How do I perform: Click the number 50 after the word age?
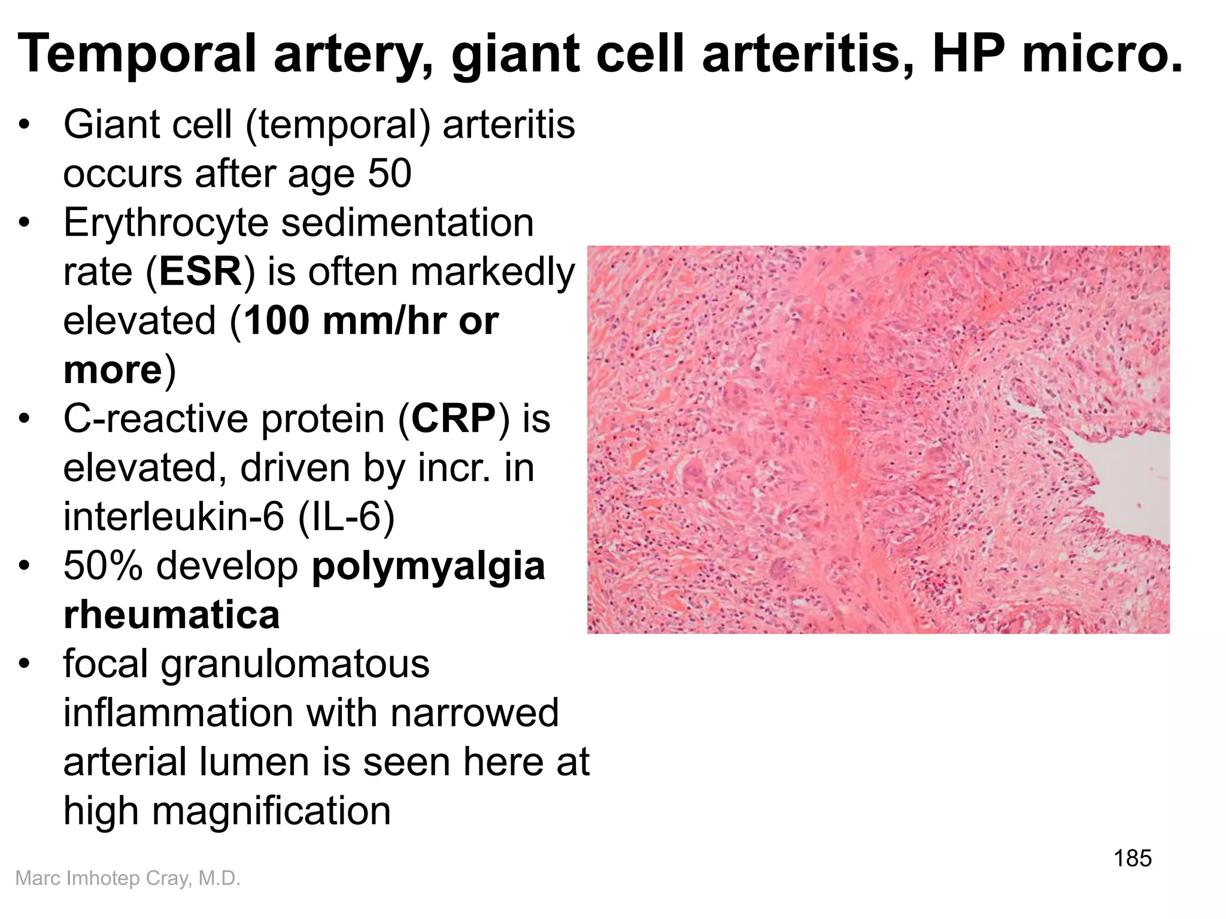click(389, 174)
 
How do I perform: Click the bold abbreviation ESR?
click(200, 272)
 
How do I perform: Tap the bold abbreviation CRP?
click(453, 419)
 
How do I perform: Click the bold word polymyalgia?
click(429, 565)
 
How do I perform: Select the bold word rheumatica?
click(171, 614)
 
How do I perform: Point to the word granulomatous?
click(295, 664)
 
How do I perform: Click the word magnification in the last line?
click(271, 811)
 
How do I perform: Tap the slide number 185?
click(1132, 859)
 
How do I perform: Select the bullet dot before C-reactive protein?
click(24, 419)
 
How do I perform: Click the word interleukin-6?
click(174, 516)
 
